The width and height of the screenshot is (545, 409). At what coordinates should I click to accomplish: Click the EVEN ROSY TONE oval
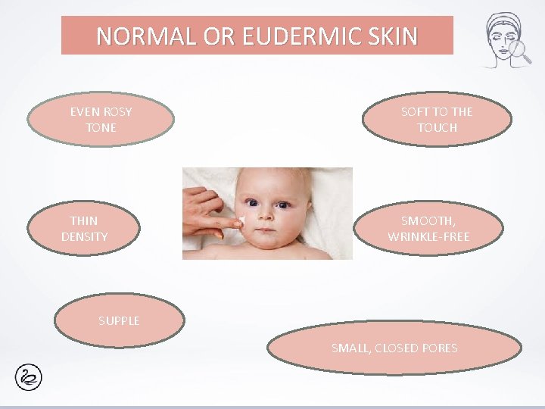click(101, 120)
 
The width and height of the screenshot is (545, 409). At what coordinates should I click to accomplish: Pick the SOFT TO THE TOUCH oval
click(436, 120)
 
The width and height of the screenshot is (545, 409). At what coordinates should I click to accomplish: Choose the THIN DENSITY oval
click(84, 229)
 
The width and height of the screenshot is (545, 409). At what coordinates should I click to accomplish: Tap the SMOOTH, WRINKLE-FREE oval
click(429, 229)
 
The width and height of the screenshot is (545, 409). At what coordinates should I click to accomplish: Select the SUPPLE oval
click(119, 321)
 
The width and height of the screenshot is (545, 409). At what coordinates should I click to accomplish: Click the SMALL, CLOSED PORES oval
click(394, 349)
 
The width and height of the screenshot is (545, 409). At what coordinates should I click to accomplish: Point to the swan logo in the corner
click(28, 376)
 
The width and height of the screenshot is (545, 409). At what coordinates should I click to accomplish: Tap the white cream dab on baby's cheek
click(241, 220)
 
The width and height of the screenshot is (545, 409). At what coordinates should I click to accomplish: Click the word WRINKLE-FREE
click(429, 237)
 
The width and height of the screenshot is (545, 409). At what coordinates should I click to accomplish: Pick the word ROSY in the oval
click(117, 112)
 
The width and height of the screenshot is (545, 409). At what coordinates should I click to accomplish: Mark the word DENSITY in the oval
click(84, 237)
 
